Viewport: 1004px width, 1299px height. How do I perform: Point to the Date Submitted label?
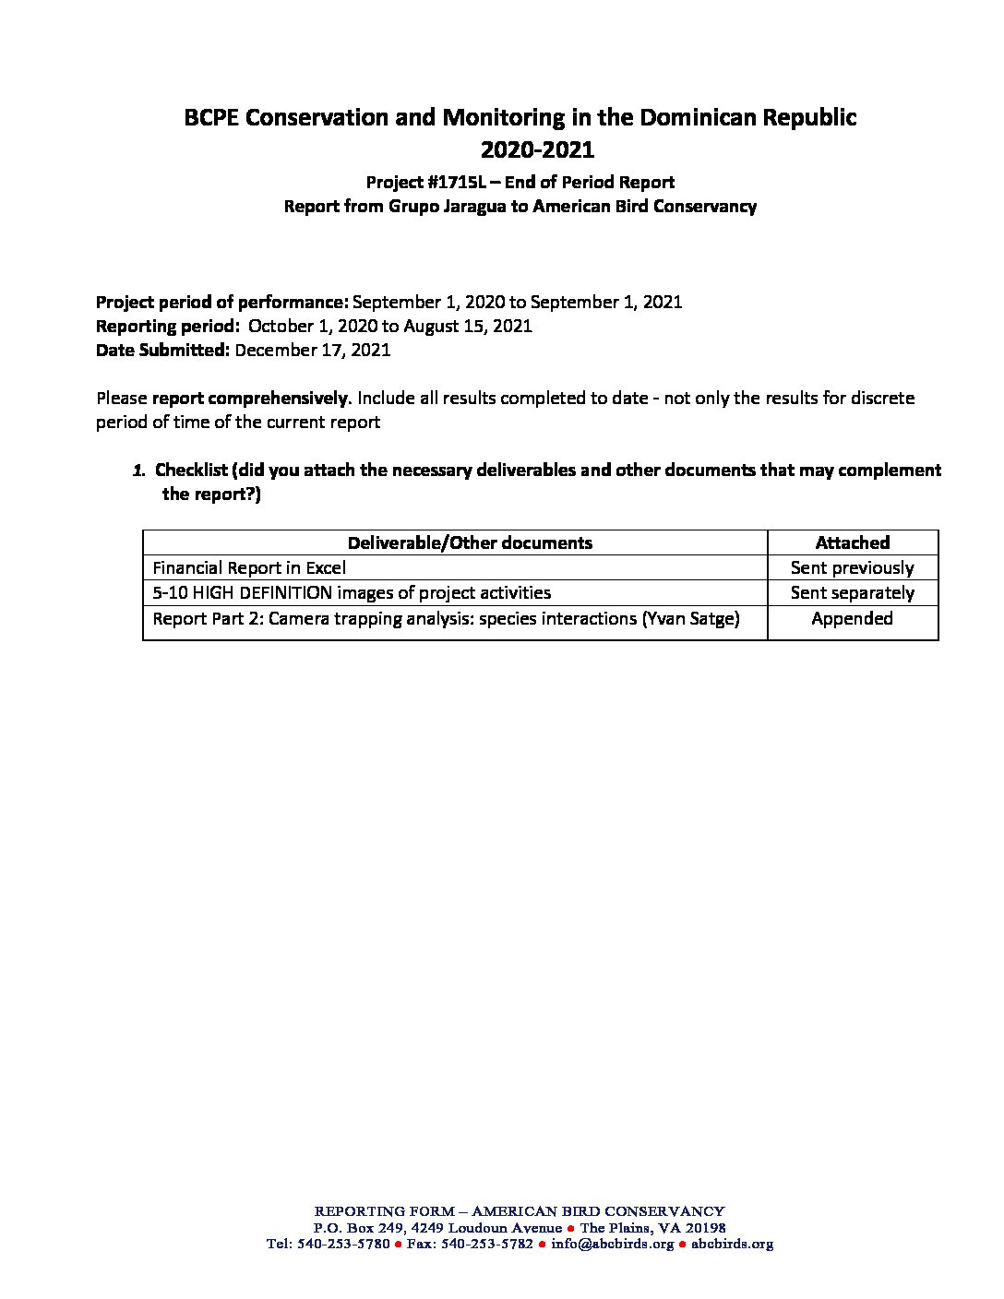pos(162,351)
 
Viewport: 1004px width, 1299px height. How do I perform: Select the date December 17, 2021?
pos(313,351)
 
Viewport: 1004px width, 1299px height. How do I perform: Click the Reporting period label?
pos(167,327)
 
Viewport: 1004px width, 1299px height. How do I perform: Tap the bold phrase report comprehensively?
pos(250,399)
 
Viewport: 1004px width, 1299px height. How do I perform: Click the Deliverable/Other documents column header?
pos(470,542)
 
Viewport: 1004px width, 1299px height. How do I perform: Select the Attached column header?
pos(852,542)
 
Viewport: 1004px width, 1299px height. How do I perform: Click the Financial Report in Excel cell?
pos(249,568)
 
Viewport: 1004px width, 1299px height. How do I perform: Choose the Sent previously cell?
pos(852,568)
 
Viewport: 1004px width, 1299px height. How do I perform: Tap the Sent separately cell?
pos(852,593)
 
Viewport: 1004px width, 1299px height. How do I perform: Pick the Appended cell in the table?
pos(852,619)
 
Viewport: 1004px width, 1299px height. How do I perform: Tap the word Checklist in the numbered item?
pos(191,471)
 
